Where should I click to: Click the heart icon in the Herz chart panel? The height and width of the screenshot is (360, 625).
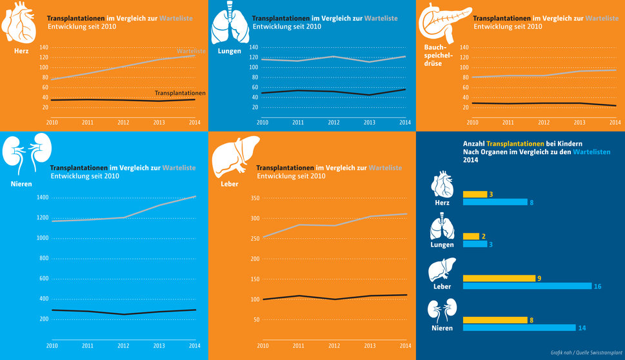coord(19,23)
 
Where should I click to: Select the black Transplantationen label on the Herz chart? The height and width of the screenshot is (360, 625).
coord(180,93)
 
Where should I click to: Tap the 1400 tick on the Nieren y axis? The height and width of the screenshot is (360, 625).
coord(42,197)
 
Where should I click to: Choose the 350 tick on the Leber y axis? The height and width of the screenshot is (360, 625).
coord(255,198)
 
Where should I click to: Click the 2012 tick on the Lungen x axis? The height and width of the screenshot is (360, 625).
coord(333,122)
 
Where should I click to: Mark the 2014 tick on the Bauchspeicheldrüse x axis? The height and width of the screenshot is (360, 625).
coord(614,122)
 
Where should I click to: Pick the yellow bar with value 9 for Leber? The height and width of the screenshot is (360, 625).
coord(499,278)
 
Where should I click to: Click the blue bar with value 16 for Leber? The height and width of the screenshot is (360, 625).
coord(527,286)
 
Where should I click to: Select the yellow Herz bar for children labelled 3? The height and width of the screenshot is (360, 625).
coord(475,194)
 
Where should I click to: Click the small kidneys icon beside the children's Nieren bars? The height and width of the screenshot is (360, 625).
coord(442,312)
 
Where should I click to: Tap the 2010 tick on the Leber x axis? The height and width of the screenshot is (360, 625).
coord(263,346)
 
